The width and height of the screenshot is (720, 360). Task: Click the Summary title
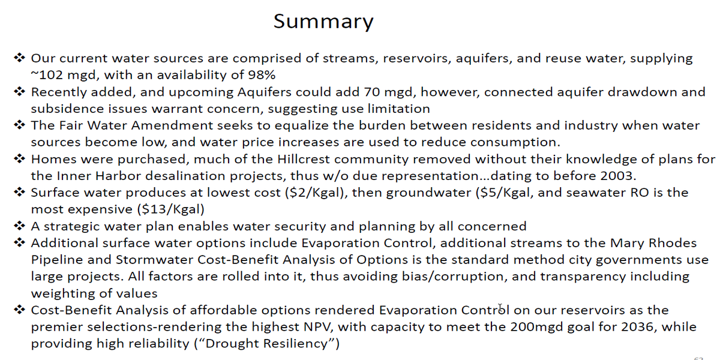tap(323, 22)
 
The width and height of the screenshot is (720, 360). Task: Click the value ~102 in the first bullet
tap(47, 75)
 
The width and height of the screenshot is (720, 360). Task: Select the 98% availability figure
tap(262, 75)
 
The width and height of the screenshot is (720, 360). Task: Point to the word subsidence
tap(67, 109)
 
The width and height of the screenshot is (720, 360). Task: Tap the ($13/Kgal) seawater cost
tap(170, 209)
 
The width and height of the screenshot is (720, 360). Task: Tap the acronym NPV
tap(317, 327)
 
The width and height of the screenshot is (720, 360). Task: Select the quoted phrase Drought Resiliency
tap(267, 344)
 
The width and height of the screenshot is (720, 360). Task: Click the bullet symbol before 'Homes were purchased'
tap(19, 158)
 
